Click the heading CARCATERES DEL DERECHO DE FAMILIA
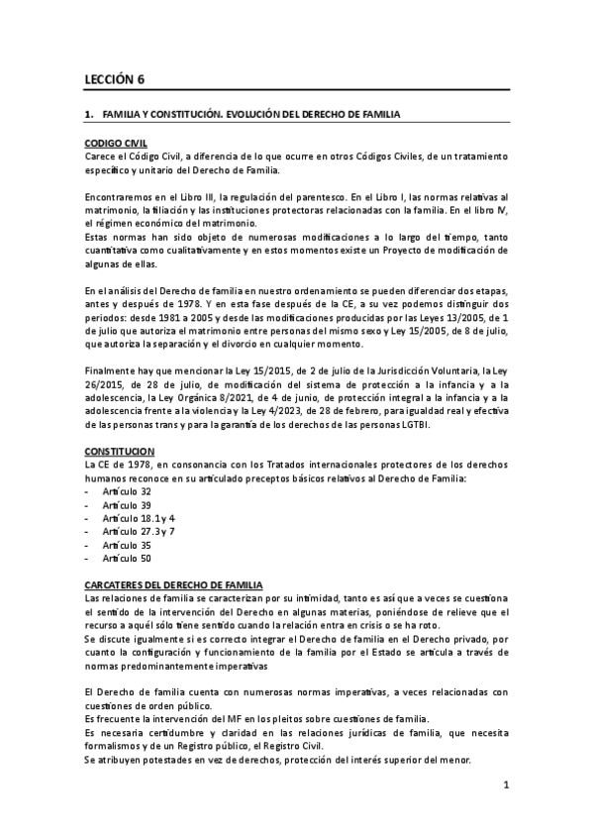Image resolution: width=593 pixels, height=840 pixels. point(173,585)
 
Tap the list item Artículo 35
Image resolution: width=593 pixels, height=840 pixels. point(127,545)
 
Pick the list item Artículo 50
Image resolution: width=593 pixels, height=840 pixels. point(127,559)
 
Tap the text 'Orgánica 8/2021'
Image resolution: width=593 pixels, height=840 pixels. point(203,399)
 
